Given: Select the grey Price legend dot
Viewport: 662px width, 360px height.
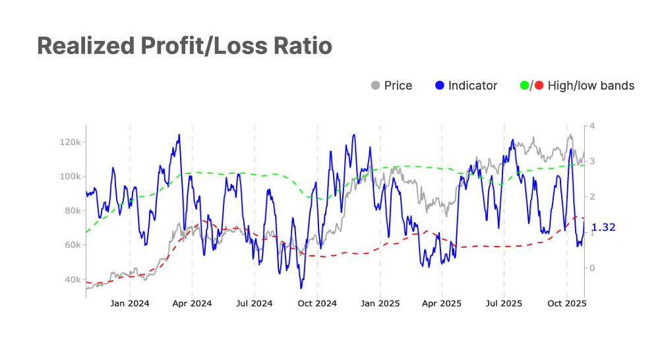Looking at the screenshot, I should coord(376,86).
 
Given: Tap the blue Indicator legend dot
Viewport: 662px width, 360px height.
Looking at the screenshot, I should coord(440,86).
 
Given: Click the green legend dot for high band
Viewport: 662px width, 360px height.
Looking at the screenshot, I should coord(525,86).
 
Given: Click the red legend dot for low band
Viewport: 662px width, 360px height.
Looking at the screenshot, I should coord(539,86).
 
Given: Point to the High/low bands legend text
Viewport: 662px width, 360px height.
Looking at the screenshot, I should coord(591,86).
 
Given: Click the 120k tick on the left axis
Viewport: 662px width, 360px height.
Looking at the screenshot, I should coord(70,142).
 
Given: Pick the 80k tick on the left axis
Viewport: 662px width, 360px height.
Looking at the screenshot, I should coord(72,211).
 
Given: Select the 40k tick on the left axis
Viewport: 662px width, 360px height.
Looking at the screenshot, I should coord(72,280).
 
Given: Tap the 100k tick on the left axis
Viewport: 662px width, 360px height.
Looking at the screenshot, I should coord(70,177).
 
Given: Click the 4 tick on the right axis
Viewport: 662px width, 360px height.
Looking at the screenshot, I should coord(592,126).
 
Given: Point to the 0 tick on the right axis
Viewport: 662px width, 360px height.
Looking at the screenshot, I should coord(592,268).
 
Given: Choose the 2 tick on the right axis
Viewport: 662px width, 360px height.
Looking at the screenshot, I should coord(592,197).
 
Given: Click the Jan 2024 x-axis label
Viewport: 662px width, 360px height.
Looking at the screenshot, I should coord(129,303).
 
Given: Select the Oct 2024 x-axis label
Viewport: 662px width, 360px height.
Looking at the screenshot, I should coord(317,303).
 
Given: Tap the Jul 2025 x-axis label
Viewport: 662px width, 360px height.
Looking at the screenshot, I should coord(504,303).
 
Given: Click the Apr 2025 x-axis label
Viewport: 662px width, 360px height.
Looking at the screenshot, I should coord(442,303).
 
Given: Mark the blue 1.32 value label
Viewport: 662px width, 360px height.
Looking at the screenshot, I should coord(603,227).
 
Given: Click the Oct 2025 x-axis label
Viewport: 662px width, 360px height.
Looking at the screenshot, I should coord(567,303).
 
